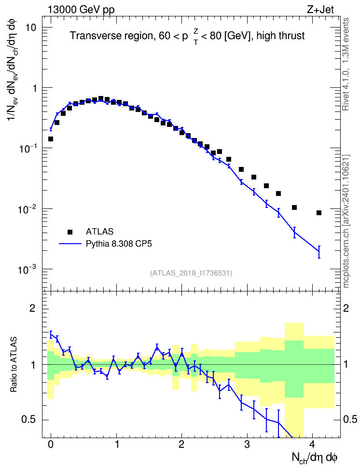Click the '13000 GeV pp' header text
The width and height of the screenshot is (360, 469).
81,10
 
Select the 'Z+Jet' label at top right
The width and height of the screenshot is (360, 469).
320,10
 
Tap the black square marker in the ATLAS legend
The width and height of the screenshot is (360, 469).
70,232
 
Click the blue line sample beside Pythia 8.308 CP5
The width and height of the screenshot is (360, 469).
70,244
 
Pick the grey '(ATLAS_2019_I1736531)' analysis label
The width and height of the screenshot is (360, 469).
191,273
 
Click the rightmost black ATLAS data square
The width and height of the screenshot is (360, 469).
319,213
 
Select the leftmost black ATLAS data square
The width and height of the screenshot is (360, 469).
51,139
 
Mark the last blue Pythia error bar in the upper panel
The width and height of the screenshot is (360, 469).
319,252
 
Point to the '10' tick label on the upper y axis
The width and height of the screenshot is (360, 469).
30,28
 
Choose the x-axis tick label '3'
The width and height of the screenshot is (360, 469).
247,444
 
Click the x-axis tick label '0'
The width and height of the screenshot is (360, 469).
51,444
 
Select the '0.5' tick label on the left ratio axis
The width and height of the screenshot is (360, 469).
29,419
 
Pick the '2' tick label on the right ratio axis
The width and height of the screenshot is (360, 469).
346,308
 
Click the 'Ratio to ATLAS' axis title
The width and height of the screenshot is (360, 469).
14,365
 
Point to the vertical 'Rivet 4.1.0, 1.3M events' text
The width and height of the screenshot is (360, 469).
346,64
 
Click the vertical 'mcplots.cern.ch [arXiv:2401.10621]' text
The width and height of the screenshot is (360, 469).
346,221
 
